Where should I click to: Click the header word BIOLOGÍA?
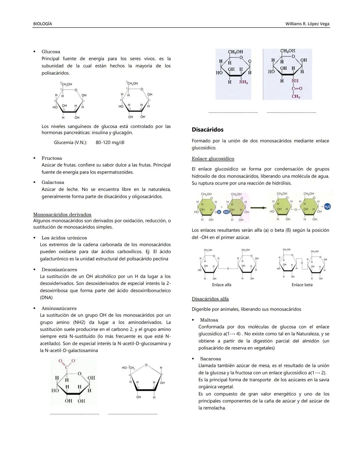[x=42, y=24]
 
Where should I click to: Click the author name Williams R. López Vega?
[x=307, y=24]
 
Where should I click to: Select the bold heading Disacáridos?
[x=207, y=129]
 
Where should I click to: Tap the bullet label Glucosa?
[x=51, y=52]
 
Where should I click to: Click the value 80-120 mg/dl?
[x=110, y=142]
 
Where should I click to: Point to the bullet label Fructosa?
[x=51, y=158]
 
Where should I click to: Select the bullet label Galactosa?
[x=53, y=182]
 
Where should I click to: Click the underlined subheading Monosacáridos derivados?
[x=62, y=214]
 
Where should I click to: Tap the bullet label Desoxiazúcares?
[x=59, y=270]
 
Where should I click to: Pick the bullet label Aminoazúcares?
[x=59, y=309]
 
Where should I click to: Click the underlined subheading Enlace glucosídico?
[x=213, y=159]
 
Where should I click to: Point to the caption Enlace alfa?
[x=221, y=285]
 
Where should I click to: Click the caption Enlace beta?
[x=302, y=285]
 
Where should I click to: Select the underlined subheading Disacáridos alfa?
[x=210, y=299]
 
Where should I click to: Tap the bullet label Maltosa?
[x=209, y=320]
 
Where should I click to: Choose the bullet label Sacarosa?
[x=210, y=359]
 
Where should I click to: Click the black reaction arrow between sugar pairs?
[x=259, y=207]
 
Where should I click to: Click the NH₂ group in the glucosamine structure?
[x=244, y=82]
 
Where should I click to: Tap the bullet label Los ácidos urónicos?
[x=64, y=238]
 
